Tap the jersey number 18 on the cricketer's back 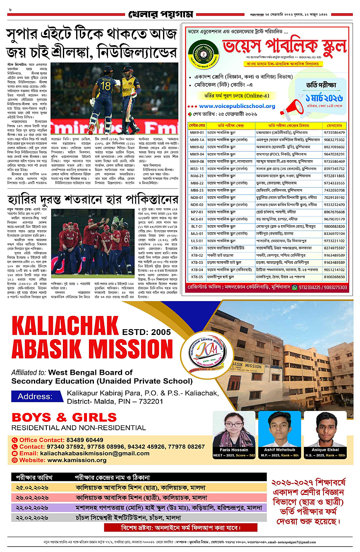tap(106, 86)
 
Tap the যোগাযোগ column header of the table tap(336, 124)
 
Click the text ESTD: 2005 tap(143, 331)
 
